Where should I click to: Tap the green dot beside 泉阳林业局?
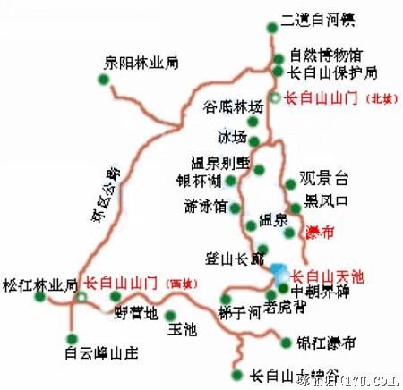pyautogui.click(x=104, y=79)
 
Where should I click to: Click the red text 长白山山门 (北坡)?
pyautogui.click(x=332, y=97)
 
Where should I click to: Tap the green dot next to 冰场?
pyautogui.click(x=254, y=140)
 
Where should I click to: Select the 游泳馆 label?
pyautogui.click(x=205, y=203)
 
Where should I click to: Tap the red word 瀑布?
pyautogui.click(x=320, y=233)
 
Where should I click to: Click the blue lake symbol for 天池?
pyautogui.click(x=277, y=270)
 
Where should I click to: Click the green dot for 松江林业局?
pyautogui.click(x=39, y=297)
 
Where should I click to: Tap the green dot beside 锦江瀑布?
pyautogui.click(x=286, y=341)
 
